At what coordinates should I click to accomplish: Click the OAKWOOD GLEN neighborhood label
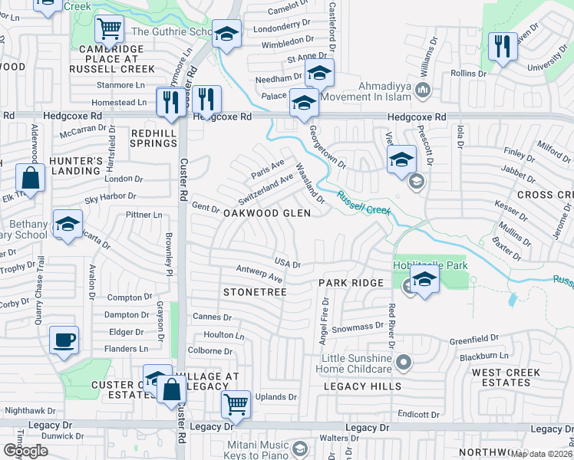[266, 213]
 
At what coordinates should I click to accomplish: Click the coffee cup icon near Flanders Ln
[64, 340]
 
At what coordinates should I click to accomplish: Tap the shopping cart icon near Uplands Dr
[236, 404]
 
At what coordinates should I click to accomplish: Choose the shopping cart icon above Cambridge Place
[109, 30]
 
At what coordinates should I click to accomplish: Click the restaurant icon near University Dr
[503, 45]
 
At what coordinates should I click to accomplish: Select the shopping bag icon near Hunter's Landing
[29, 179]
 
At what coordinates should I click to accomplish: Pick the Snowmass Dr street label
[357, 327]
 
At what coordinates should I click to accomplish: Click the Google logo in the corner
[25, 450]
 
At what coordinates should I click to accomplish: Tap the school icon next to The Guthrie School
[226, 34]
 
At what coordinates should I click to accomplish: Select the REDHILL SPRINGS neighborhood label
[154, 138]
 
